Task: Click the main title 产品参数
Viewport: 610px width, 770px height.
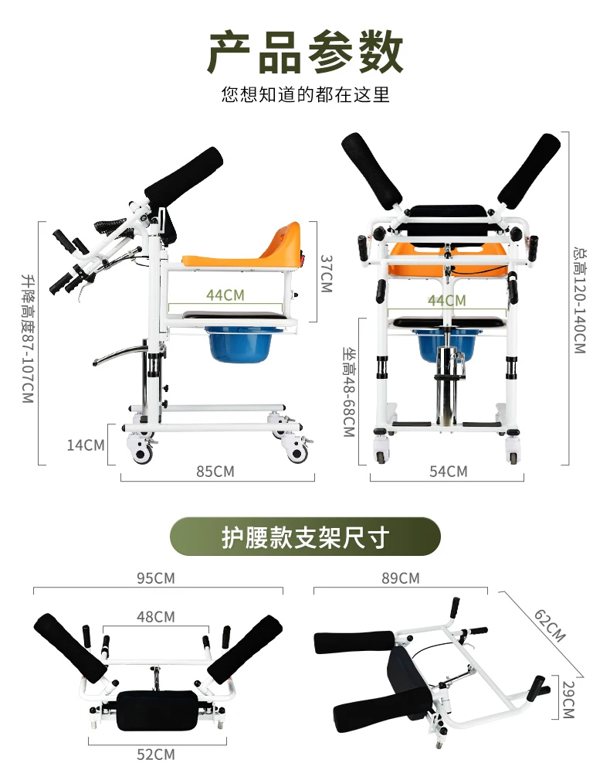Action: click(x=305, y=53)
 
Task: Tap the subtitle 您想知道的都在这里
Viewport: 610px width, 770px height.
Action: click(x=305, y=95)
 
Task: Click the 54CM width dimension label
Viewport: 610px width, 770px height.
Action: click(x=448, y=471)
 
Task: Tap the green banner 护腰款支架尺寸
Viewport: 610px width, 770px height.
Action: click(x=305, y=537)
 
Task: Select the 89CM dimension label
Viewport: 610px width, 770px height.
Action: click(x=400, y=578)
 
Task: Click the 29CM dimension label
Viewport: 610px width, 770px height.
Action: click(x=567, y=700)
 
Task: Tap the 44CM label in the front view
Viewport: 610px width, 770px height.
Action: click(x=447, y=300)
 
